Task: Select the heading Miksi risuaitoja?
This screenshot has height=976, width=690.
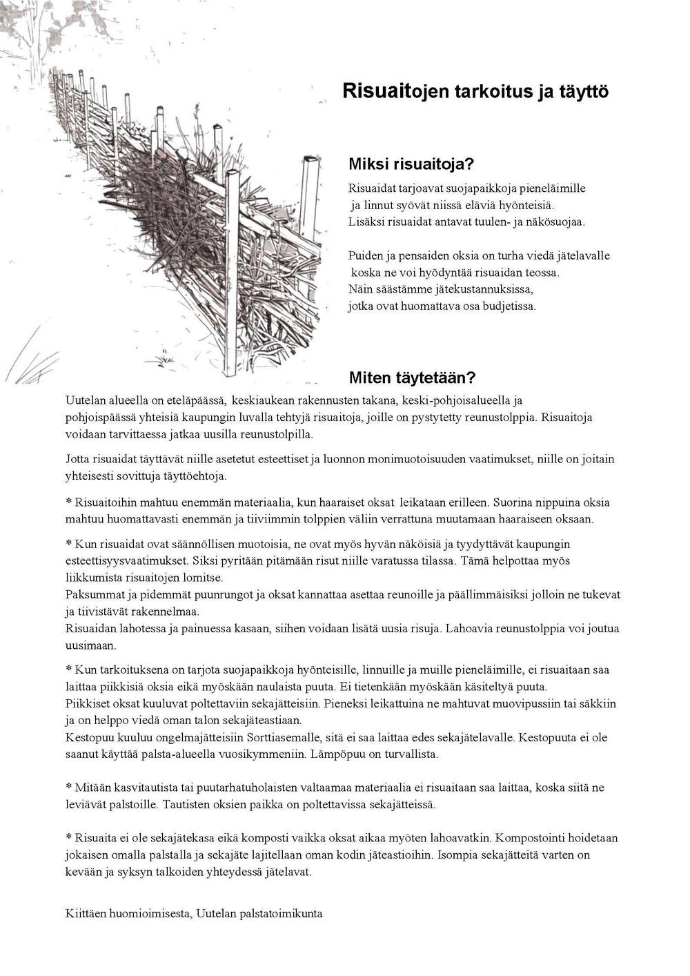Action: point(411,164)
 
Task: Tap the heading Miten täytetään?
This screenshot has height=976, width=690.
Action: point(412,378)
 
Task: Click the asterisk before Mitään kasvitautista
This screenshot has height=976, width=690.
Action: point(68,787)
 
